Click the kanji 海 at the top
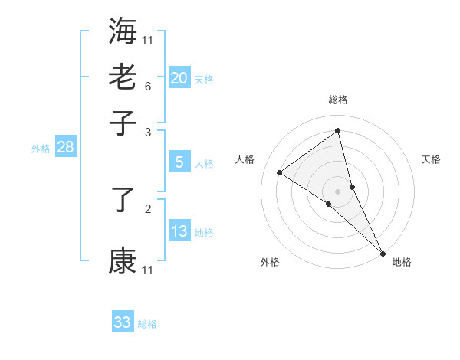click(123, 31)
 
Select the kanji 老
click(123, 77)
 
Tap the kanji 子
click(123, 122)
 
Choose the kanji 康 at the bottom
click(123, 260)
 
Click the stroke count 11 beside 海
click(148, 40)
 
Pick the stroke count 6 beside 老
click(148, 86)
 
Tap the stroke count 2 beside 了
click(148, 208)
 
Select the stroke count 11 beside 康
click(148, 270)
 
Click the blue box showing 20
click(179, 78)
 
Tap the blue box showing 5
click(179, 162)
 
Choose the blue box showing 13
click(179, 231)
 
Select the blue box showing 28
click(65, 147)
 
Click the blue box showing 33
click(123, 322)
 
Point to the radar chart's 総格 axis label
click(338, 100)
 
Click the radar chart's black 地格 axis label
click(402, 262)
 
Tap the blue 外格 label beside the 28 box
click(41, 149)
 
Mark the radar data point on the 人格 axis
click(280, 172)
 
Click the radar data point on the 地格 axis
click(382, 252)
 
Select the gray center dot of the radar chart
click(338, 191)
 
